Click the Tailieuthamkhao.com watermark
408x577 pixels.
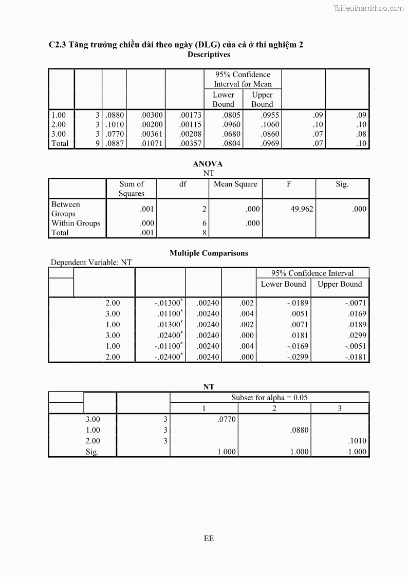[368, 8]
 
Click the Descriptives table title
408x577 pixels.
[209, 54]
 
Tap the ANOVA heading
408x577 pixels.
[208, 164]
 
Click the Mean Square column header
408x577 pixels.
[235, 184]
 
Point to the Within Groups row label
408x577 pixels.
[76, 223]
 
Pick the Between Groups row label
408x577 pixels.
[65, 209]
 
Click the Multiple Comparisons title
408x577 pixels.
[209, 253]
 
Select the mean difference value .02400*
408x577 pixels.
[169, 336]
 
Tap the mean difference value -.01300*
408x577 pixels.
[169, 303]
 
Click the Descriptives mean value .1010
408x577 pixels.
[115, 124]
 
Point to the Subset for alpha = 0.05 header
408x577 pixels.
[269, 397]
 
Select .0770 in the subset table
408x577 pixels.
[227, 419]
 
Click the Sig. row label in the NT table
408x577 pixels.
[92, 452]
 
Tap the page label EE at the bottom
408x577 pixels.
[209, 538]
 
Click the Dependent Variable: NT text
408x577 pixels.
[91, 263]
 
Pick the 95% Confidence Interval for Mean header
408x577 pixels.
[243, 79]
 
